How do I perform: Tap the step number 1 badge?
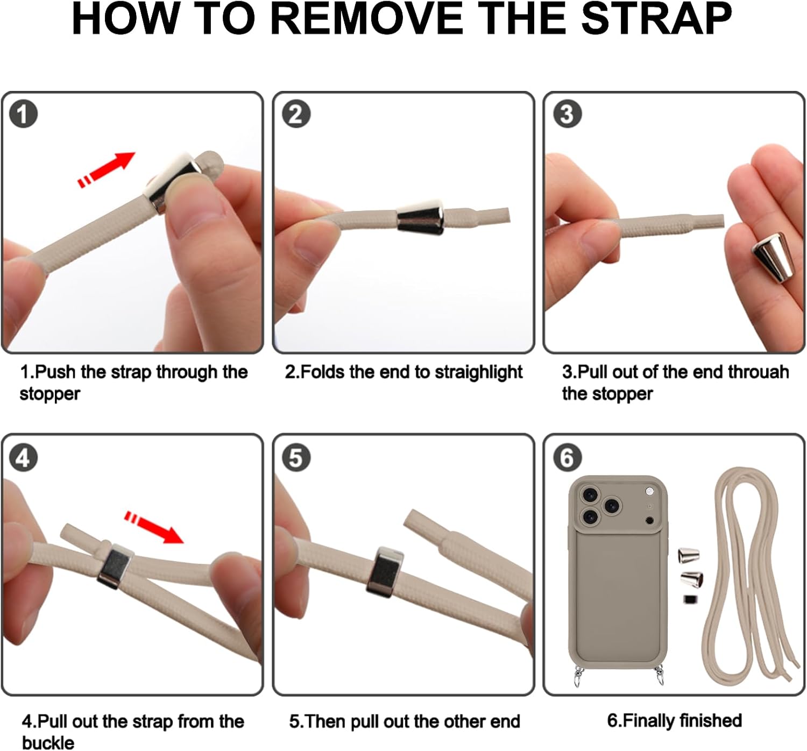[x=23, y=114]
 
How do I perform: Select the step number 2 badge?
[x=296, y=114]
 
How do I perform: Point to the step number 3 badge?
[x=567, y=114]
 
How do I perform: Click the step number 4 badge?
[x=23, y=458]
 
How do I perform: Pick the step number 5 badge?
[x=296, y=458]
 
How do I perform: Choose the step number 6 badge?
[x=567, y=458]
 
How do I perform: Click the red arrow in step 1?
[x=107, y=169]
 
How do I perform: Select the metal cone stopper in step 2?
[x=420, y=217]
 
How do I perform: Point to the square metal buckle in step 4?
[x=115, y=566]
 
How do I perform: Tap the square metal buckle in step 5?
[x=385, y=572]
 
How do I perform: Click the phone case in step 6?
[x=618, y=578]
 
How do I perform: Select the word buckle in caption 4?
[x=48, y=742]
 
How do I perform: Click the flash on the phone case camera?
[x=650, y=491]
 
